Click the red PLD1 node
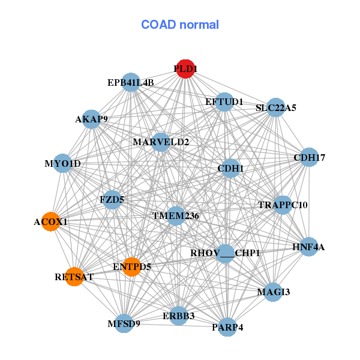pos(185,68)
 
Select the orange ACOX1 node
pos(50,221)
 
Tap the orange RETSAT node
pos(74,277)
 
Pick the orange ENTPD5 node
pos(131,266)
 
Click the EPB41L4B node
pos(131,82)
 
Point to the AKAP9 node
pos(91,119)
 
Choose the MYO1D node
pos(62,163)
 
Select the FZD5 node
pos(112,199)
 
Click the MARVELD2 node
pos(161,142)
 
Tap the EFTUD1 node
pos(224,101)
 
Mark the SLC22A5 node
pos(276,108)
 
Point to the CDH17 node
pos(309,157)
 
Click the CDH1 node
pos(231,169)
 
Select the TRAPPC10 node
pos(283,205)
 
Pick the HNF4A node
pos(308,247)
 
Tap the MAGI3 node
pos(273,292)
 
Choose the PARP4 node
pos(227,327)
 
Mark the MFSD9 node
pos(124,323)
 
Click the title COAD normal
pos(180,25)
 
